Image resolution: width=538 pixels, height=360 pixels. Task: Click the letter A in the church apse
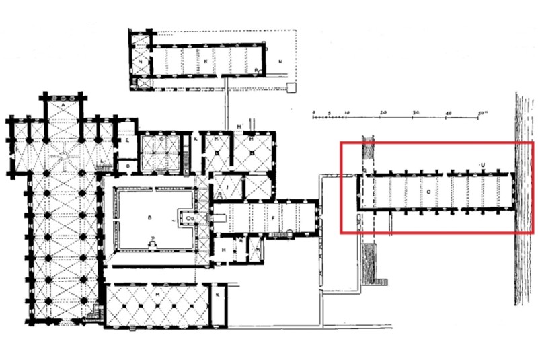coord(63,106)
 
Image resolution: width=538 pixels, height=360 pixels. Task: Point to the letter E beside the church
coord(126,140)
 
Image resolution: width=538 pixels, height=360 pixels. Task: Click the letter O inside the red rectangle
coord(428,192)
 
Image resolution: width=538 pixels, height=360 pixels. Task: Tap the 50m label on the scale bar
coord(484,110)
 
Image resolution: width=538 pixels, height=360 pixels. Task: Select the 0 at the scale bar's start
coord(313,110)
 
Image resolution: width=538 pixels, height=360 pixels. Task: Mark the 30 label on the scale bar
coord(416,110)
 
